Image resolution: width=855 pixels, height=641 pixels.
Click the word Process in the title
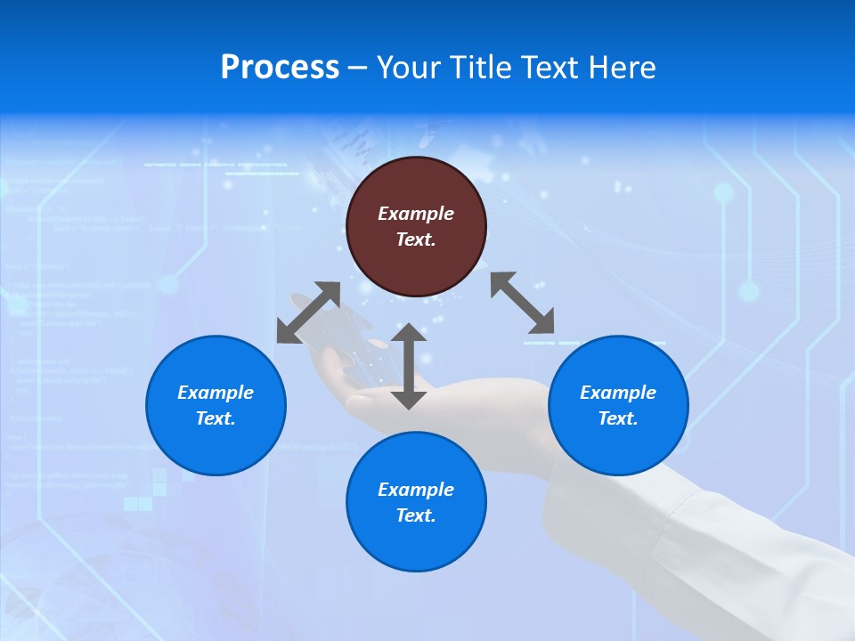pos(280,68)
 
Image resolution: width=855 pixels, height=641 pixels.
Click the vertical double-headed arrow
pos(409,366)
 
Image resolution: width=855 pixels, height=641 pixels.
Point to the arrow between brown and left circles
pos(308,312)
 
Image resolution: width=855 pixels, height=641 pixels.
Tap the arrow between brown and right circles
pos(523,303)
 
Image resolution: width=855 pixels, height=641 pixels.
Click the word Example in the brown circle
pos(416,214)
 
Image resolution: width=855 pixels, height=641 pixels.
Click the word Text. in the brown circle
pos(416,239)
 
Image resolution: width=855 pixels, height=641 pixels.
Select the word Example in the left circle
pos(216,393)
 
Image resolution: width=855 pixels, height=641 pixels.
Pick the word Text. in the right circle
pos(618,418)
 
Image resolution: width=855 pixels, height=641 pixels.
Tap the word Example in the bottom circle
pos(416,490)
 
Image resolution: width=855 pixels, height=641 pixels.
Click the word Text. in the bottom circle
pos(416,515)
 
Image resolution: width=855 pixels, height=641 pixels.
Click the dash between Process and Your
pos(358,68)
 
